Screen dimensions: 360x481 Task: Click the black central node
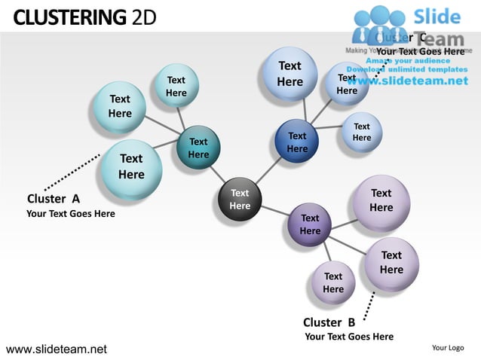pyautogui.click(x=240, y=200)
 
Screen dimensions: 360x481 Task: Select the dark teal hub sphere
pyautogui.click(x=198, y=148)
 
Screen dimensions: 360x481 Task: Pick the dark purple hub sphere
pyautogui.click(x=310, y=224)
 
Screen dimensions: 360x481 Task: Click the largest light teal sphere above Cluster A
pyautogui.click(x=130, y=166)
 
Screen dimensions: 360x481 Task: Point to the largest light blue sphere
pyautogui.click(x=290, y=74)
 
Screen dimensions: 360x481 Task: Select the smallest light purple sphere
pyautogui.click(x=333, y=283)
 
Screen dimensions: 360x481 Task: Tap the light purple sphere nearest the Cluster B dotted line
pyautogui.click(x=391, y=263)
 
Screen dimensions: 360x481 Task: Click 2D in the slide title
pyautogui.click(x=144, y=16)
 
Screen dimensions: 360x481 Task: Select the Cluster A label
pyautogui.click(x=54, y=199)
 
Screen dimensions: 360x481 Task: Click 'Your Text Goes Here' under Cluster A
pyautogui.click(x=71, y=214)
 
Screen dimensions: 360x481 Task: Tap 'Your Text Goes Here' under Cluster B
pyautogui.click(x=348, y=337)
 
